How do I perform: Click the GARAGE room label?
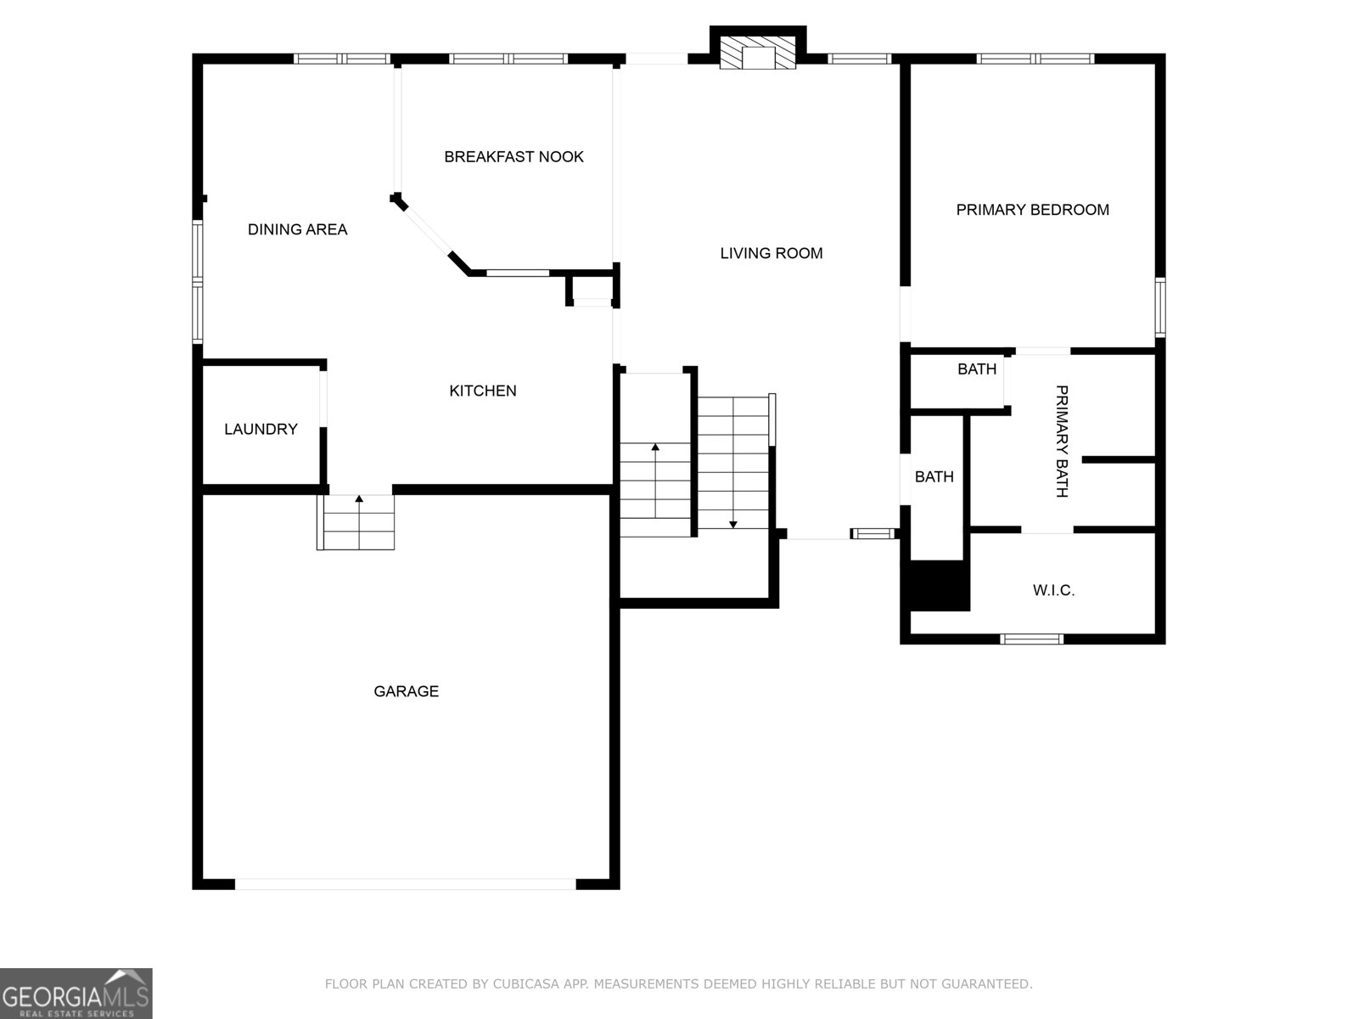[406, 691]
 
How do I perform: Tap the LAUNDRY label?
[261, 429]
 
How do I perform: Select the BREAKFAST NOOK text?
[513, 156]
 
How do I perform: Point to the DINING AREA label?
[297, 229]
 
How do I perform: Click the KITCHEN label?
[482, 391]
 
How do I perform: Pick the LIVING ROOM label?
[771, 253]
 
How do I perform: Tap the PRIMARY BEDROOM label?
[1032, 210]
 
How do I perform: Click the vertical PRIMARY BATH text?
[1061, 441]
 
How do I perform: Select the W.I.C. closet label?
[1053, 590]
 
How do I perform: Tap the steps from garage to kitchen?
[357, 523]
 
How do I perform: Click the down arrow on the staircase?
[733, 523]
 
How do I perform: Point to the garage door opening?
[405, 884]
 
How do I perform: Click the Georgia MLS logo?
[76, 994]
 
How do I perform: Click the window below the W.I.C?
[1031, 639]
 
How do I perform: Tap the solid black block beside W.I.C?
[939, 585]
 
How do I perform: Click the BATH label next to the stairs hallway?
[934, 477]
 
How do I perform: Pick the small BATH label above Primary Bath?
[976, 369]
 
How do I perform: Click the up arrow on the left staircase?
[654, 448]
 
